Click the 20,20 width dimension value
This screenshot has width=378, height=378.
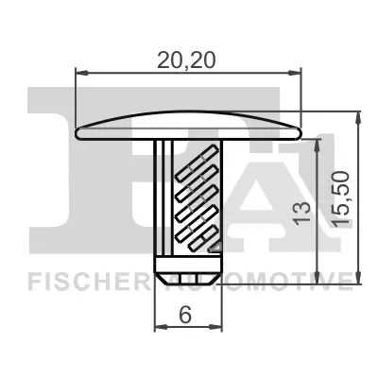188,60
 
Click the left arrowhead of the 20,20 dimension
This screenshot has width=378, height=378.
79,72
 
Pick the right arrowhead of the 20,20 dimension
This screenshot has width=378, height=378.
297,72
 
